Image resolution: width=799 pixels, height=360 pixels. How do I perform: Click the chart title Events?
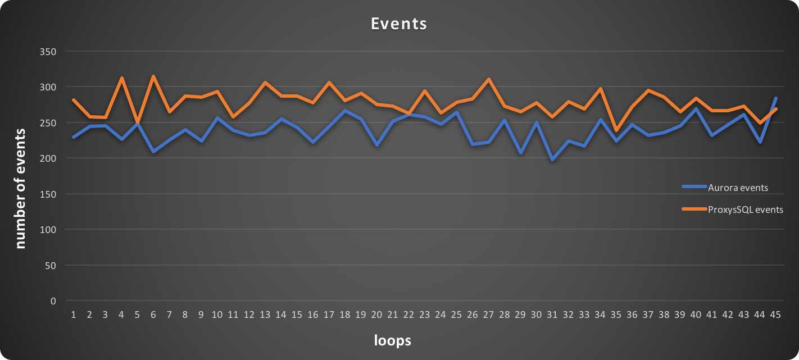pyautogui.click(x=399, y=24)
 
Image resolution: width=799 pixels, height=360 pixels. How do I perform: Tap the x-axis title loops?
pyautogui.click(x=393, y=340)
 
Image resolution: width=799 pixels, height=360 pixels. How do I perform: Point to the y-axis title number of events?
pyautogui.click(x=21, y=188)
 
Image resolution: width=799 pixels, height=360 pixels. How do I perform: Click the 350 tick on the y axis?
pyautogui.click(x=49, y=52)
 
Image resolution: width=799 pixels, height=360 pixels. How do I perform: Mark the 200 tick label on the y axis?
pyautogui.click(x=49, y=158)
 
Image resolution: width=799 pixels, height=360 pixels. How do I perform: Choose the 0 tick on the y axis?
pyautogui.click(x=53, y=301)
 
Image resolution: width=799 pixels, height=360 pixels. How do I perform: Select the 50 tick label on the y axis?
pyautogui.click(x=51, y=265)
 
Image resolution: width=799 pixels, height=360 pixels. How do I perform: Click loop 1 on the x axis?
pyautogui.click(x=73, y=316)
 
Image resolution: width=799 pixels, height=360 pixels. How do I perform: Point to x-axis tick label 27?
pyautogui.click(x=488, y=316)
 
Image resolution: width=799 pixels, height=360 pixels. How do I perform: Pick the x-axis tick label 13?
pyautogui.click(x=265, y=316)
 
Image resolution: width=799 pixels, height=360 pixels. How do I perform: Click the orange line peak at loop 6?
pyautogui.click(x=153, y=76)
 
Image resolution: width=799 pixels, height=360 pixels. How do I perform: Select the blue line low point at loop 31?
pyautogui.click(x=552, y=160)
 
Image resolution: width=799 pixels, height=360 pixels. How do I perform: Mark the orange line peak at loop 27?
pyautogui.click(x=488, y=79)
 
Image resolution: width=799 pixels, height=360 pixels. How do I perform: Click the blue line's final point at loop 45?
pyautogui.click(x=776, y=98)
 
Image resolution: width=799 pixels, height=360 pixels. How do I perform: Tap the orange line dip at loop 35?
pyautogui.click(x=616, y=131)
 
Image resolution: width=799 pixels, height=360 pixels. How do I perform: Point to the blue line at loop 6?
pyautogui.click(x=153, y=152)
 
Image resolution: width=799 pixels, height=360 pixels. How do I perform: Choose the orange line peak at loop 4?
pyautogui.click(x=121, y=78)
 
